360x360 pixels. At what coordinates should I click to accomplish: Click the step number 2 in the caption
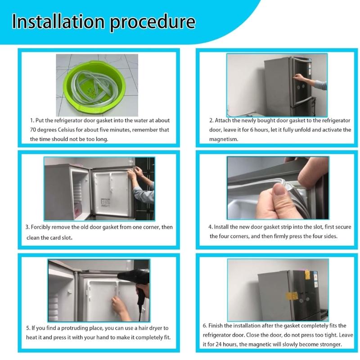pos(211,121)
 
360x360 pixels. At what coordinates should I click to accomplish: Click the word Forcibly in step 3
pos(44,227)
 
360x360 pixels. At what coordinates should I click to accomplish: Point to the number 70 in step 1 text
pos(34,130)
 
